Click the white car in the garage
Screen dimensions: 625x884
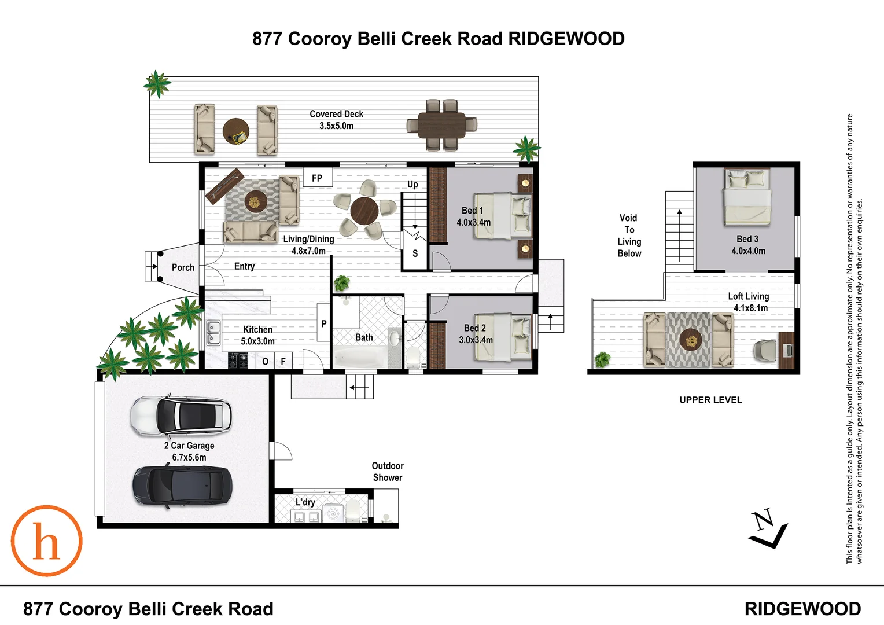[181, 416]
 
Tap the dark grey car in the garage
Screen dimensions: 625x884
[182, 485]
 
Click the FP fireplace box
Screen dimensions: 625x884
[317, 178]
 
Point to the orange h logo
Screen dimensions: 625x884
[47, 541]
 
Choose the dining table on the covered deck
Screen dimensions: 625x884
[443, 125]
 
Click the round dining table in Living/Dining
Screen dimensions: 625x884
[364, 211]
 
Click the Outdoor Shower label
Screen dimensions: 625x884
[388, 472]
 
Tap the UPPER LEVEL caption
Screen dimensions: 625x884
[710, 400]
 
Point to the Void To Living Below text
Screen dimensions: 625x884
[629, 236]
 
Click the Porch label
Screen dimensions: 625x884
[183, 267]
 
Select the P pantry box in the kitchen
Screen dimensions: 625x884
[323, 324]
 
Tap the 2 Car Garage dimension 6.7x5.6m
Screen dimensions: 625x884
[189, 457]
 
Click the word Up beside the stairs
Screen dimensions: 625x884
[412, 185]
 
